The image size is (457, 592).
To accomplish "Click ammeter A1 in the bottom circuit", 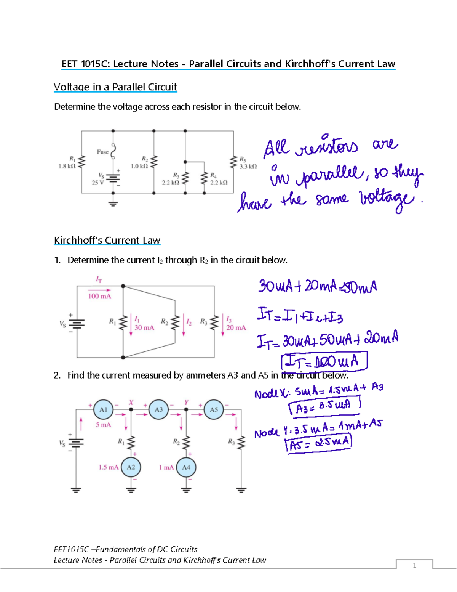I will pyautogui.click(x=103, y=409).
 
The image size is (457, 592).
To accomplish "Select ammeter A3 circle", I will pyautogui.click(x=158, y=409).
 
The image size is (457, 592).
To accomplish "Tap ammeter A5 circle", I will pyautogui.click(x=214, y=409).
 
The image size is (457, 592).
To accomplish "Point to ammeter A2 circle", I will pyautogui.click(x=131, y=467).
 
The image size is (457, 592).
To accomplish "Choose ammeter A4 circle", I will pyautogui.click(x=186, y=467).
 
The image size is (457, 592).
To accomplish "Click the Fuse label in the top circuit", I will pyautogui.click(x=102, y=152).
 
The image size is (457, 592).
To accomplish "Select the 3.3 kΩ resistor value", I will pyautogui.click(x=248, y=166).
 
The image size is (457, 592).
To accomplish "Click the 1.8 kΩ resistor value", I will pyautogui.click(x=67, y=166).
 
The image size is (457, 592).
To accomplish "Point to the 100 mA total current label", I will pyautogui.click(x=99, y=296).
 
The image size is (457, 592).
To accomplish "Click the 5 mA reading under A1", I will pyautogui.click(x=103, y=425).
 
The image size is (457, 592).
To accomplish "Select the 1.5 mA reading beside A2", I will pyautogui.click(x=108, y=467).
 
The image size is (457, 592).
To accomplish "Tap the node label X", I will pyautogui.click(x=131, y=403).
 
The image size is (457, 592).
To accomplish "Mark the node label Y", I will pyautogui.click(x=186, y=403).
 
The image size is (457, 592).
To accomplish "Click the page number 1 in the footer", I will pyautogui.click(x=414, y=565).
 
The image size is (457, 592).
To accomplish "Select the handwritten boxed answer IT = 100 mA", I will pyautogui.click(x=324, y=361).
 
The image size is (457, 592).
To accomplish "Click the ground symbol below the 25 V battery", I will pyautogui.click(x=113, y=203).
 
